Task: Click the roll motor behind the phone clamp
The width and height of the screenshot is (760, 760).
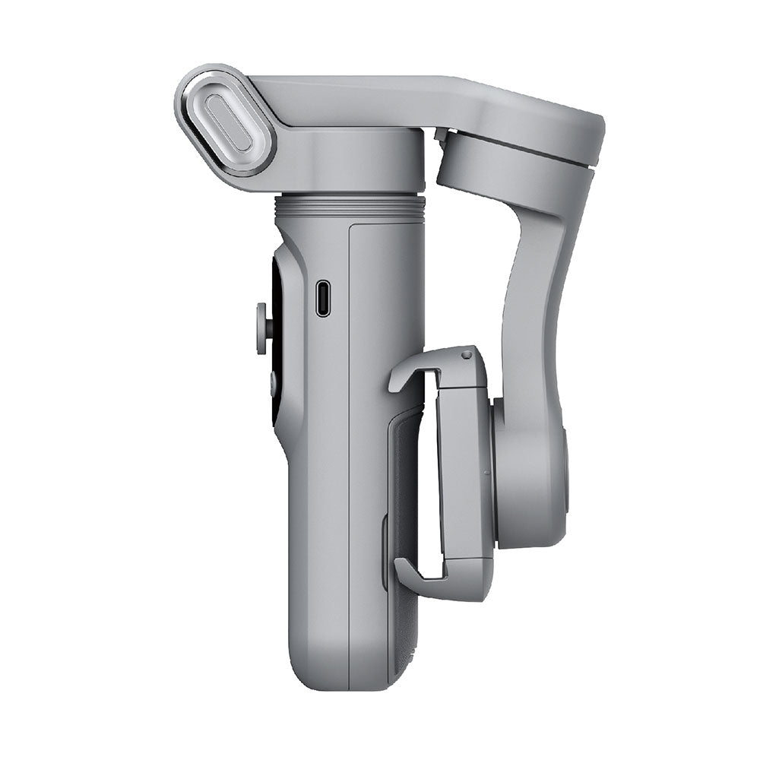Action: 532,471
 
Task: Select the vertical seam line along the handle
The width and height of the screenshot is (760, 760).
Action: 349,456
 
